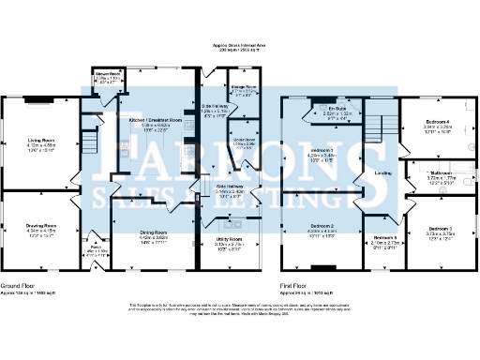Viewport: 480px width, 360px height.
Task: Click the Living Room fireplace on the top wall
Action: point(38,100)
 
